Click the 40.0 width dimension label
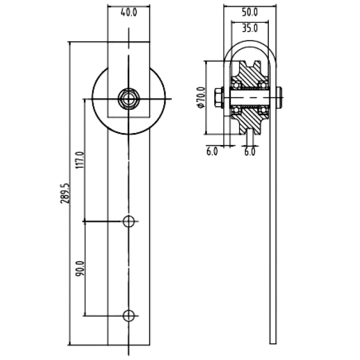tap(129, 12)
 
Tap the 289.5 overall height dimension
tap(65, 193)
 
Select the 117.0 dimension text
tap(80, 160)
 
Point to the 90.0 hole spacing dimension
tap(80, 268)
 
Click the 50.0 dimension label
tap(250, 12)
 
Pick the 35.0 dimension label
tap(250, 29)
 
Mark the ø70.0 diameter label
tap(200, 97)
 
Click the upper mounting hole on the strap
tap(129, 222)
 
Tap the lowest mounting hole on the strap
tap(129, 316)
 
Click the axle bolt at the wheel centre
tap(129, 99)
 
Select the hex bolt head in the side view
tap(219, 98)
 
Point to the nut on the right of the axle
tap(279, 98)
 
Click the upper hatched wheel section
tap(250, 75)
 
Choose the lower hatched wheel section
tap(250, 121)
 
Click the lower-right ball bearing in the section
tap(263, 110)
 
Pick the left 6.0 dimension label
tap(212, 152)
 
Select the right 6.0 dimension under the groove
tap(250, 152)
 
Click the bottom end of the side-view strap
tap(273, 344)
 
